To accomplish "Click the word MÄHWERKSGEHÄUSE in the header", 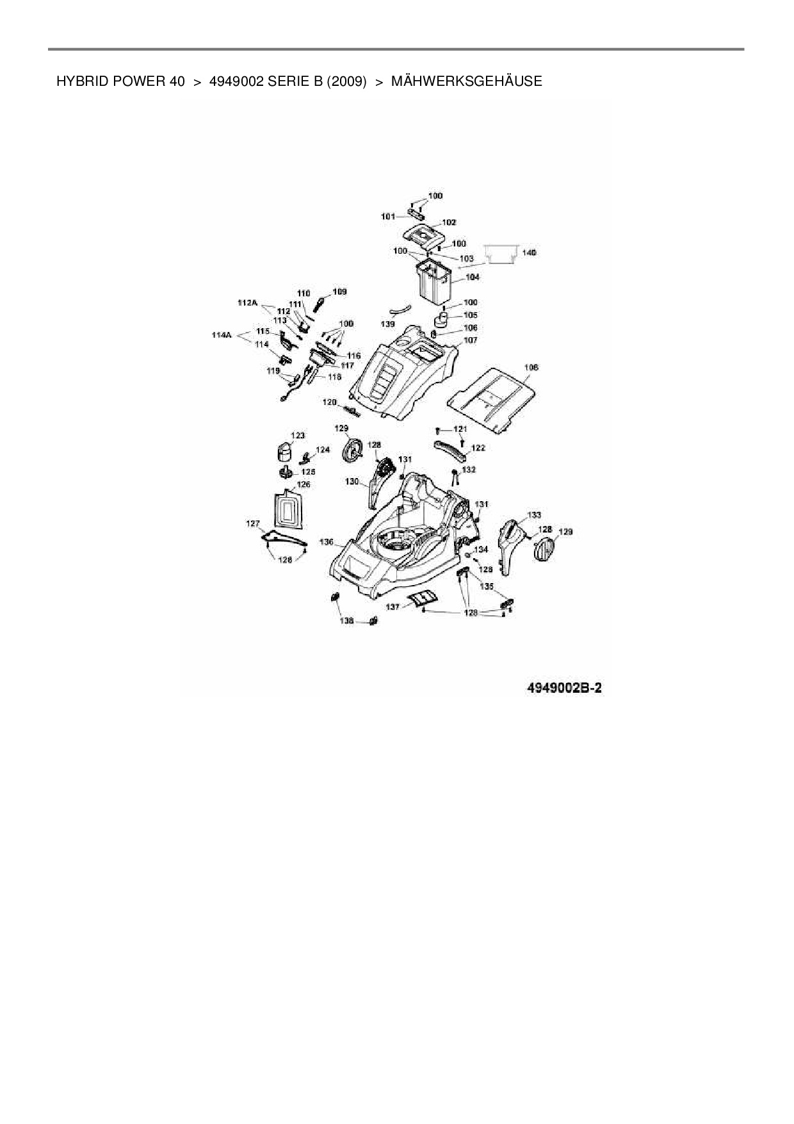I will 466,81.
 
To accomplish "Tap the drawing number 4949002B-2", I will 563,688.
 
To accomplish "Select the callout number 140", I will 529,253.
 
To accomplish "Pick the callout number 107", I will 471,340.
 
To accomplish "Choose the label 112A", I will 247,302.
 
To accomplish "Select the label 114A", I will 222,335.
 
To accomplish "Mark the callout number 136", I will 327,542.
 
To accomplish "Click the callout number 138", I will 346,620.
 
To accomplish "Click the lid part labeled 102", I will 425,235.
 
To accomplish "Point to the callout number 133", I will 533,515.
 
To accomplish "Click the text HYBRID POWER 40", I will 120,81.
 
